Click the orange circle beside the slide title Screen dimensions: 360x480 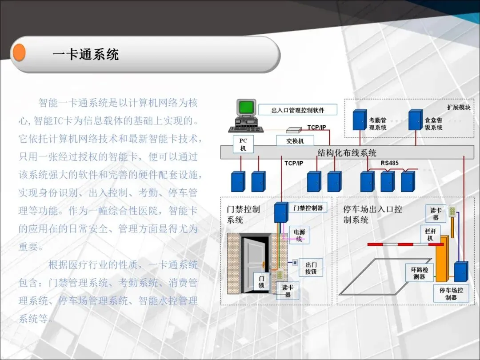tap(19, 53)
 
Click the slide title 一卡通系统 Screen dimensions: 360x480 tap(85, 55)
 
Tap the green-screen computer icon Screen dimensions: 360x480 tap(246, 115)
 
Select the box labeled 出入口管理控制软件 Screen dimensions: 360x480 tap(298, 110)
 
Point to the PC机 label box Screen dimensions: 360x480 tap(243, 144)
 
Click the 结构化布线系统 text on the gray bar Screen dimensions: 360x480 tap(347, 153)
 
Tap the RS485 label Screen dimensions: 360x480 tap(389, 163)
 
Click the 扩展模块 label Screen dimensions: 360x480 tap(458, 107)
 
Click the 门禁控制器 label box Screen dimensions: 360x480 tap(308, 208)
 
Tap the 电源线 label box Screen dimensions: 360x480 tap(299, 235)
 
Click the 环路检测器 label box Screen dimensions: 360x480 tap(419, 273)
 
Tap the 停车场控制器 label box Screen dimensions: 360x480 tap(451, 293)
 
